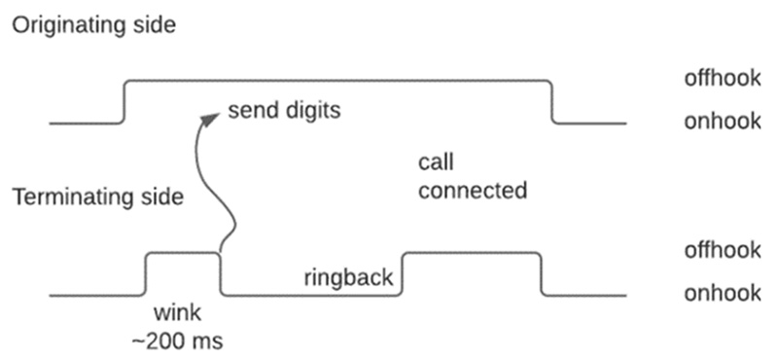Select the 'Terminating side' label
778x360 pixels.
pyautogui.click(x=97, y=198)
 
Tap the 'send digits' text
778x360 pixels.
pyautogui.click(x=284, y=109)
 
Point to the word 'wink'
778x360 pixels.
pyautogui.click(x=176, y=315)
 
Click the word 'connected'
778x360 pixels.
pyautogui.click(x=472, y=189)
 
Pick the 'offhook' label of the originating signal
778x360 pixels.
pyautogui.click(x=722, y=80)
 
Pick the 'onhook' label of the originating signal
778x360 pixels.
pyautogui.click(x=722, y=123)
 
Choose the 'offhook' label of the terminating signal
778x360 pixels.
pyautogui.click(x=722, y=250)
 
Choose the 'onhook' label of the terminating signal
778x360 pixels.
pyautogui.click(x=722, y=293)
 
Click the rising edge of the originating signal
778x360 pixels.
pyautogui.click(x=124, y=102)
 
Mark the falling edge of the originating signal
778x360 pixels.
pyautogui.click(x=553, y=102)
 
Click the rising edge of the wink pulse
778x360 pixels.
pyautogui.click(x=146, y=273)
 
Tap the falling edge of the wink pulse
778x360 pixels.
pyautogui.click(x=222, y=273)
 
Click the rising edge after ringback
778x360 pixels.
pyautogui.click(x=404, y=273)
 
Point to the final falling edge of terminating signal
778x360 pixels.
pyautogui.click(x=542, y=273)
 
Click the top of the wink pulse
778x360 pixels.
pyautogui.click(x=184, y=253)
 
